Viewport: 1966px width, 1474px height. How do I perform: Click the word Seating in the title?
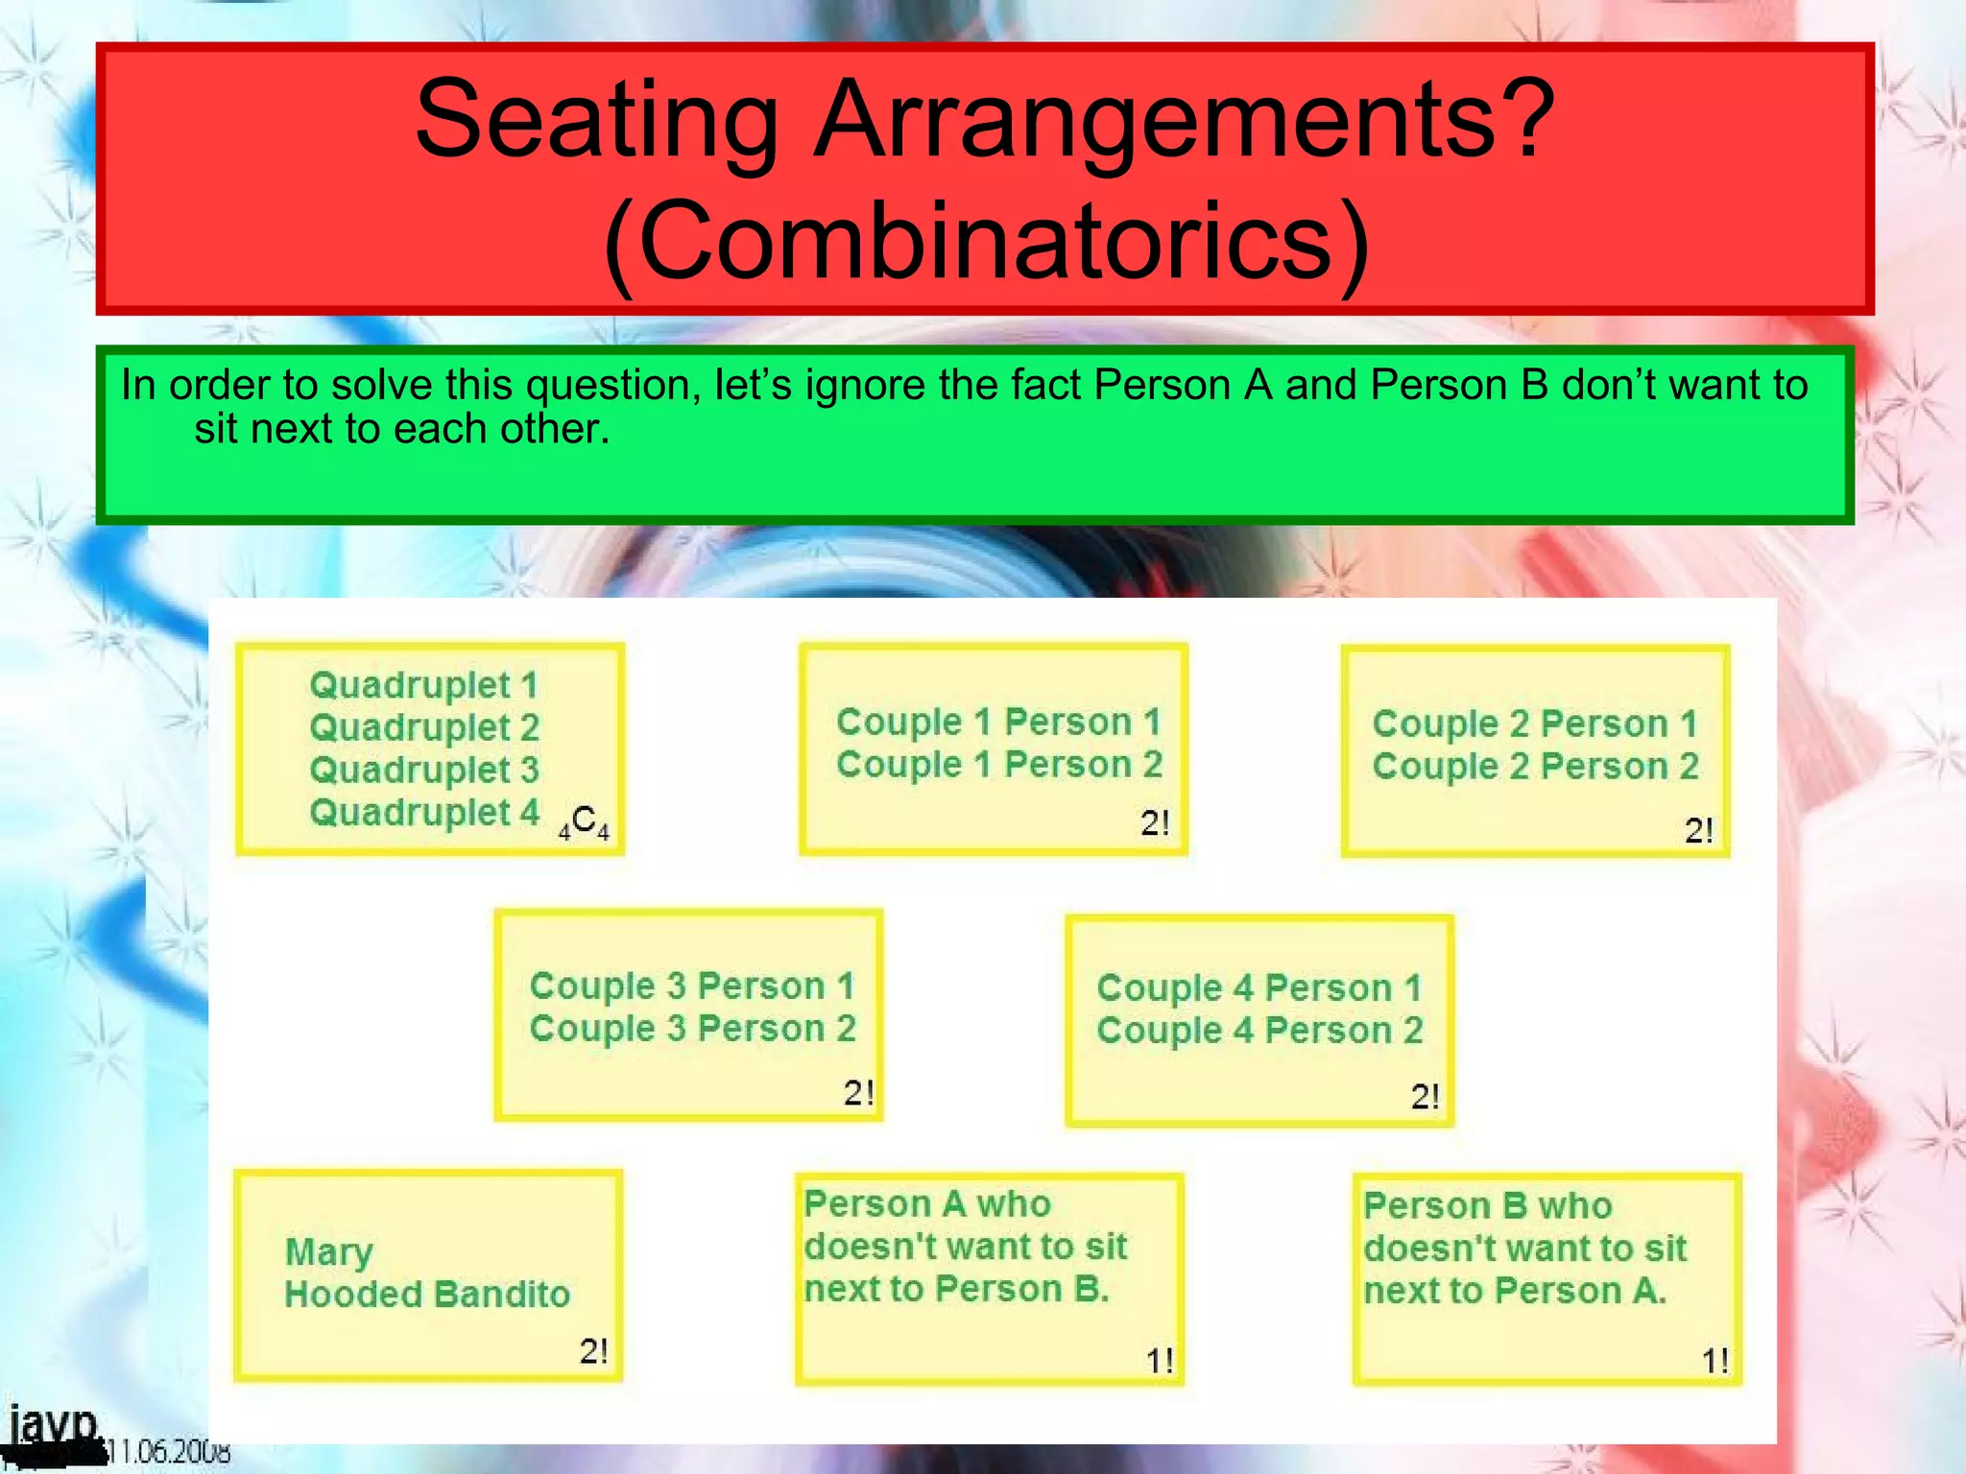pyautogui.click(x=595, y=121)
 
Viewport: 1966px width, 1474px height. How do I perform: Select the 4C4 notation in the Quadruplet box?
pyautogui.click(x=584, y=823)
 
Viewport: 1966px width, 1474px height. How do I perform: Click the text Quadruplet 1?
pyautogui.click(x=423, y=685)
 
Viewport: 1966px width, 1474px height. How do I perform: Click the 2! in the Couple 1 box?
pyautogui.click(x=1155, y=823)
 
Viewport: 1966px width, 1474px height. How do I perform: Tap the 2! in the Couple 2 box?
pyautogui.click(x=1698, y=830)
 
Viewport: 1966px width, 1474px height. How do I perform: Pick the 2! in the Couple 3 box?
pyautogui.click(x=858, y=1093)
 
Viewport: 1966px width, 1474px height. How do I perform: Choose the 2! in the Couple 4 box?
pyautogui.click(x=1425, y=1097)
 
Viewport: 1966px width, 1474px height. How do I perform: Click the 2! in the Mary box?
pyautogui.click(x=593, y=1351)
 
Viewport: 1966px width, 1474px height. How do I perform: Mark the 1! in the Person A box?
pyautogui.click(x=1159, y=1361)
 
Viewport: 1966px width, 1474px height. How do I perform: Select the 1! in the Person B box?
pyautogui.click(x=1714, y=1361)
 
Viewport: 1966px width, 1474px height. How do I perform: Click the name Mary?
pyautogui.click(x=328, y=1252)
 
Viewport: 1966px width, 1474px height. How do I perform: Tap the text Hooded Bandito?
pyautogui.click(x=427, y=1295)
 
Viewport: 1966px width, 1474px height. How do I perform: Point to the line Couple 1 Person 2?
pyautogui.click(x=998, y=765)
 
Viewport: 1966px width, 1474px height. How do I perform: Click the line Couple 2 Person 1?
pyautogui.click(x=1534, y=724)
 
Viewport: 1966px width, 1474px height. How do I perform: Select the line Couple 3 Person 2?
pyautogui.click(x=692, y=1029)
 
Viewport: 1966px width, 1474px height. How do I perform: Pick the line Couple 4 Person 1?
pyautogui.click(x=1259, y=987)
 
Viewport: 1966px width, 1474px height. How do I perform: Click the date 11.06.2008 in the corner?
pyautogui.click(x=168, y=1451)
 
